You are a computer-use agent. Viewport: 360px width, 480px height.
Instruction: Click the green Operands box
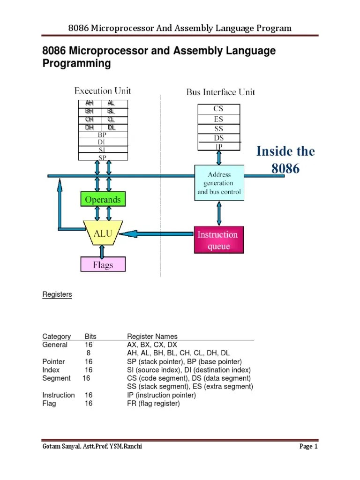[103, 200]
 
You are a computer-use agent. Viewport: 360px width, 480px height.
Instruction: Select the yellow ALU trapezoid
[103, 232]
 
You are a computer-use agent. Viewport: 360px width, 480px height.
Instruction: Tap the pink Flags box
[103, 265]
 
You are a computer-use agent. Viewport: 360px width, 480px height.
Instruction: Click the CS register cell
[218, 109]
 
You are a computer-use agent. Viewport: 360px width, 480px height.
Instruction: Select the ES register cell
[218, 119]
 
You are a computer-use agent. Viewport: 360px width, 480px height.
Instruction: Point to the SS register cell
[218, 129]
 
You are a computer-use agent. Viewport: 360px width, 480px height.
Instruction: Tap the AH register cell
[89, 103]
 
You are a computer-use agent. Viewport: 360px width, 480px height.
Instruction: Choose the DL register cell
[112, 127]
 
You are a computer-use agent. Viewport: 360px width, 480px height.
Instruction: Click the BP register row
[102, 135]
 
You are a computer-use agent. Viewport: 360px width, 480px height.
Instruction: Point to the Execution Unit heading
[103, 91]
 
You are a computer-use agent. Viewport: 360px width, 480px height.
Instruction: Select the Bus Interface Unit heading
[221, 92]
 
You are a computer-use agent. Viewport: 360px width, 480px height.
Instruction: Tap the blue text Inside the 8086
[285, 160]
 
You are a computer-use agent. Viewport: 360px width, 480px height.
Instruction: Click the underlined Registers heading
[57, 295]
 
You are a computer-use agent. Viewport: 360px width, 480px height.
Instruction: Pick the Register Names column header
[152, 337]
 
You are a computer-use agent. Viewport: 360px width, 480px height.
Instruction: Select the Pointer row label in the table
[53, 362]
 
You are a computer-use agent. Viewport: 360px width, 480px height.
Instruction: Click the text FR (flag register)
[153, 404]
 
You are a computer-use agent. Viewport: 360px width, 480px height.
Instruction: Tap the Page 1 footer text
[308, 447]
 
